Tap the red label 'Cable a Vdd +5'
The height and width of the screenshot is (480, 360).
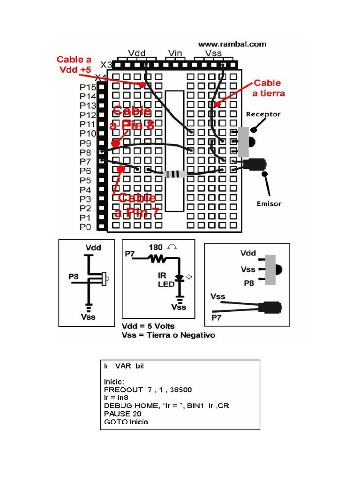pyautogui.click(x=74, y=64)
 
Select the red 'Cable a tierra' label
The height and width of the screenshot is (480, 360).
pyautogui.click(x=269, y=88)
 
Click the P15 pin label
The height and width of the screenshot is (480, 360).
pyautogui.click(x=88, y=87)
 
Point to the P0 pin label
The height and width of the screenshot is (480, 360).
pyautogui.click(x=85, y=227)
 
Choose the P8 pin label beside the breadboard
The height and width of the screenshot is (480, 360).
pyautogui.click(x=85, y=152)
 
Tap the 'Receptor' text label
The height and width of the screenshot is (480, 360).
pyautogui.click(x=263, y=114)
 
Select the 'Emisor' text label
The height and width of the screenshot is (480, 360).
pyautogui.click(x=269, y=204)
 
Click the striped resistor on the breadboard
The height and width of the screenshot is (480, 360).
pyautogui.click(x=175, y=174)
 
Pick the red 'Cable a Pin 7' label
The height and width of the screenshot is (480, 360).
pyautogui.click(x=136, y=205)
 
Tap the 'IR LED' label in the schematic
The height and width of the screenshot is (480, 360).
pyautogui.click(x=166, y=280)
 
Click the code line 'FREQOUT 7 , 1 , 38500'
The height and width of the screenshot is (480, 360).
pyautogui.click(x=148, y=390)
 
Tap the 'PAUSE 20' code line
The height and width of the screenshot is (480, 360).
pyautogui.click(x=122, y=413)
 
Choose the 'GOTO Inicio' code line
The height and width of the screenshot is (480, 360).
pyautogui.click(x=126, y=421)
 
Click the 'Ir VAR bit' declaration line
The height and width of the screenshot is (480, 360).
pyautogui.click(x=124, y=366)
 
